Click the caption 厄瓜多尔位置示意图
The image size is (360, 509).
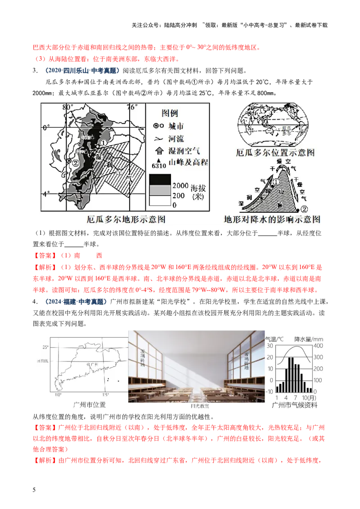[275, 153]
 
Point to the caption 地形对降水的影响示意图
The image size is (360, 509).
[272, 220]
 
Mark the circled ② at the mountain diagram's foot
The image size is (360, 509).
[305, 209]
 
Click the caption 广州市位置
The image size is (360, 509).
[89, 405]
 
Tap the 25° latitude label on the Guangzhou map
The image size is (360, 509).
[45, 347]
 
